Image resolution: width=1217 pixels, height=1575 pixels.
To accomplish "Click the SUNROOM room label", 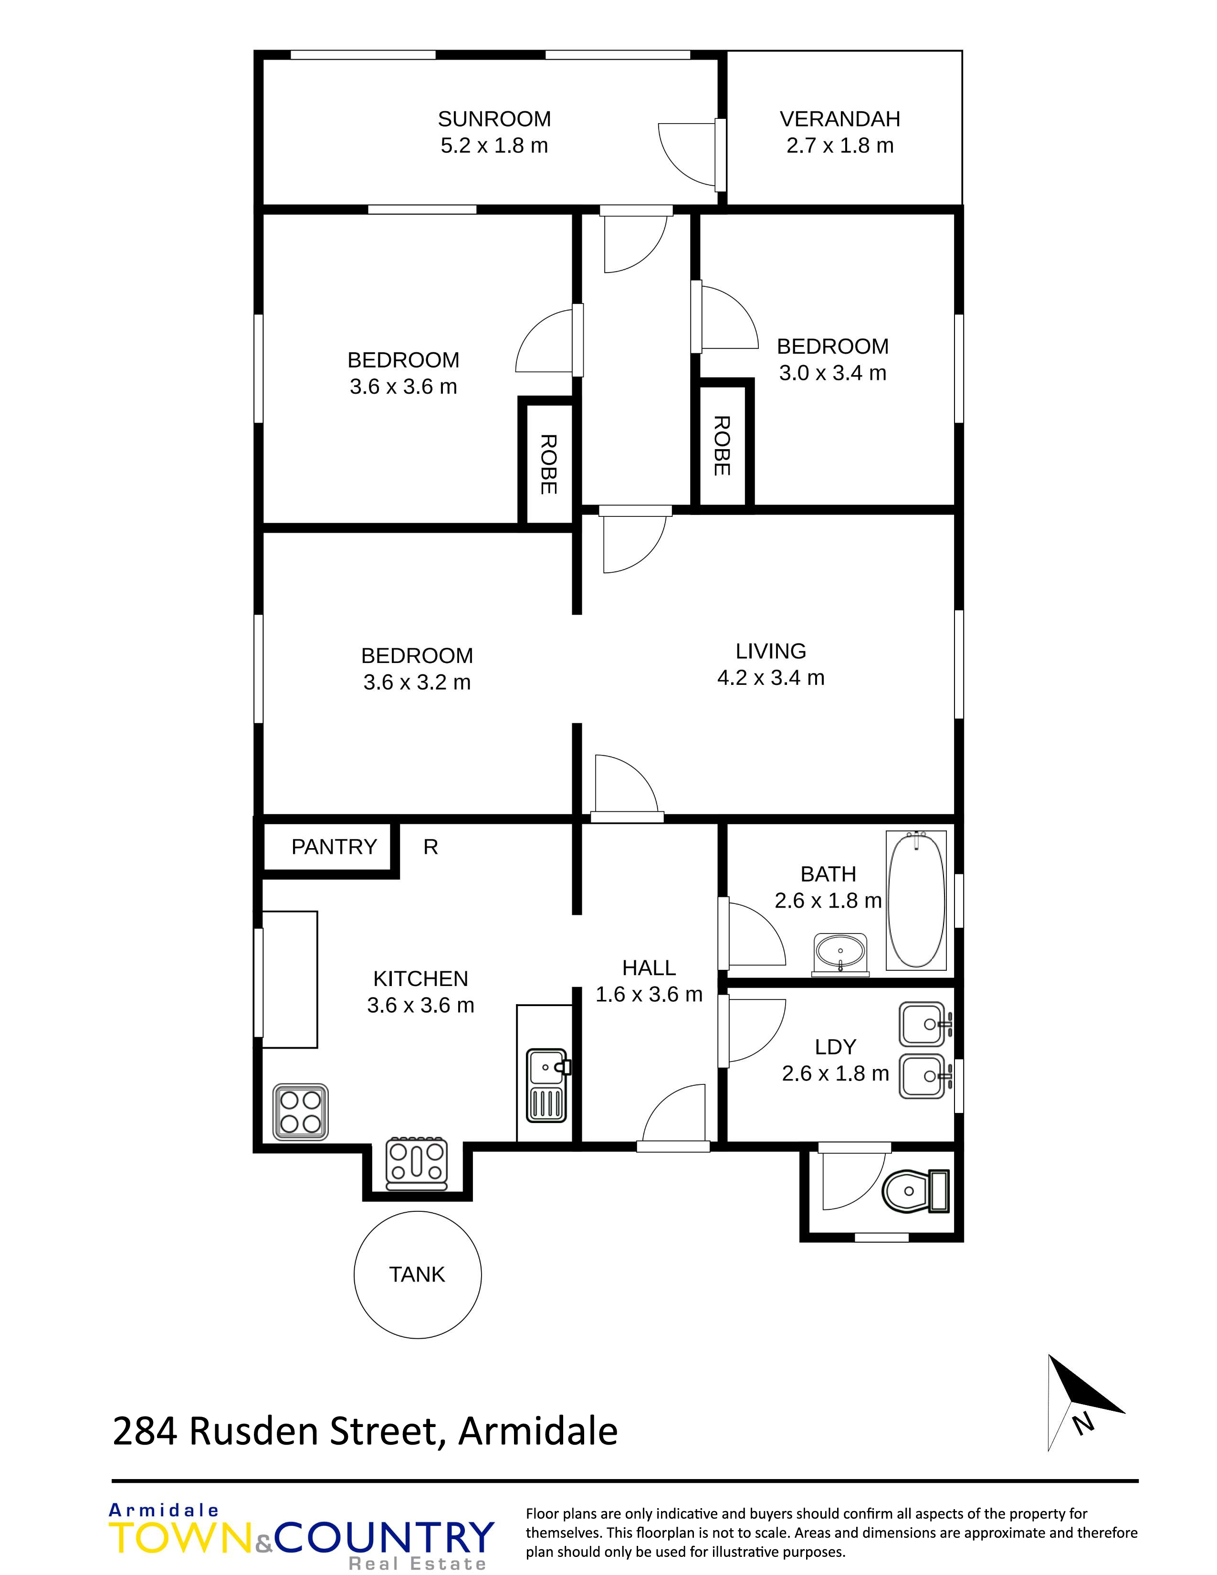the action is [x=494, y=119].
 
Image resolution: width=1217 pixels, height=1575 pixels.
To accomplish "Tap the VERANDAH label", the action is [x=840, y=119].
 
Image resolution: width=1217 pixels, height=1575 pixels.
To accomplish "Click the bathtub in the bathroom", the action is [x=916, y=900].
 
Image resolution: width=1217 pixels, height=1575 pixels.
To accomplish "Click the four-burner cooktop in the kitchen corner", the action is [x=301, y=1113].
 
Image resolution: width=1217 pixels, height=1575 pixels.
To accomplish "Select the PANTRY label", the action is [x=334, y=847].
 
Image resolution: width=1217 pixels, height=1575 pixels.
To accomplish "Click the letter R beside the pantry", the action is [x=430, y=847].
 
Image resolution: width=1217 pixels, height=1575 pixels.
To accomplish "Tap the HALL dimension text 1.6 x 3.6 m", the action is [x=649, y=995].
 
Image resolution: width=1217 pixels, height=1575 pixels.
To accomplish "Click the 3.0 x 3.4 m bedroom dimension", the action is [x=833, y=373].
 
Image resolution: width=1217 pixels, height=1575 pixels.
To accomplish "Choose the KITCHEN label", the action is [x=420, y=978].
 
